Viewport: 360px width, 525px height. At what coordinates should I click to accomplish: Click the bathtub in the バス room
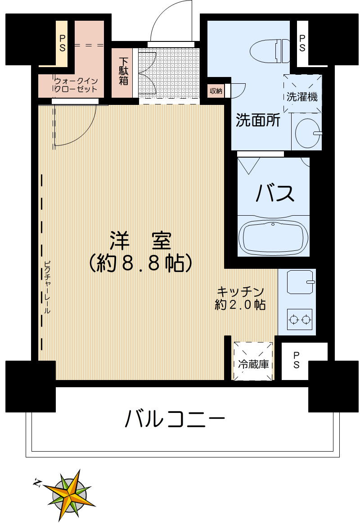pyautogui.click(x=273, y=236)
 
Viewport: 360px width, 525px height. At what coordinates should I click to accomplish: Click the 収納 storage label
pyautogui.click(x=216, y=91)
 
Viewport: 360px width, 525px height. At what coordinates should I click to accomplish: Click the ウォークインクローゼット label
pyautogui.click(x=76, y=85)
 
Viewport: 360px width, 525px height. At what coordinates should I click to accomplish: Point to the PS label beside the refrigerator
pyautogui.click(x=297, y=360)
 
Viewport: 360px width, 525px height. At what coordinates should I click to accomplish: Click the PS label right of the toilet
pyautogui.click(x=302, y=43)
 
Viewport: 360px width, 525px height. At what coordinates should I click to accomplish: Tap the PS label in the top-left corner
pyautogui.click(x=62, y=43)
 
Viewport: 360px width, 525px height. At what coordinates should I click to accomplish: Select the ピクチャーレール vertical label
pyautogui.click(x=47, y=288)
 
